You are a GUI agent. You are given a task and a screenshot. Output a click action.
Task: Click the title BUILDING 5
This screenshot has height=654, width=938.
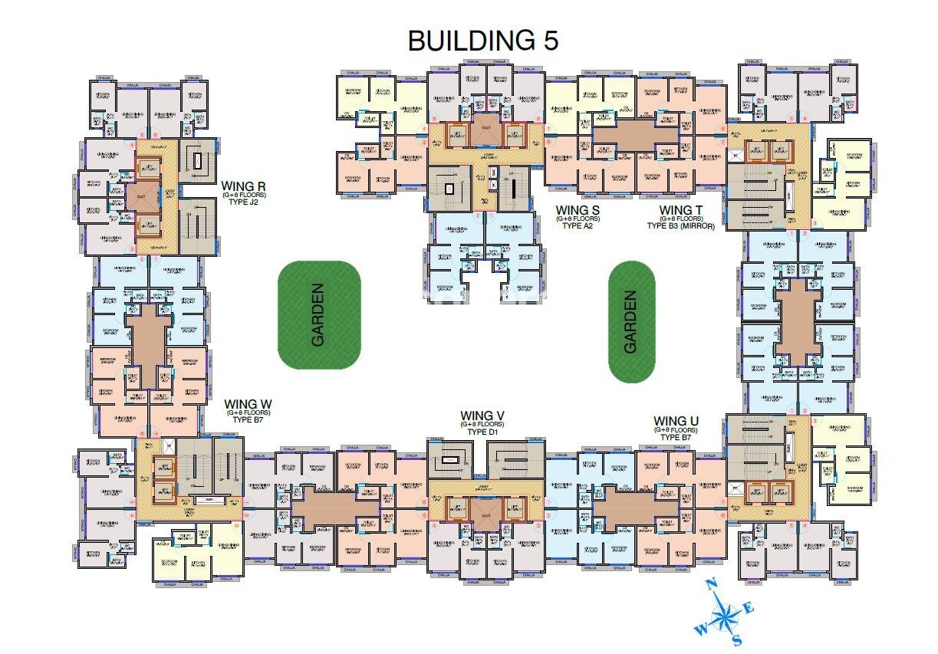(483, 40)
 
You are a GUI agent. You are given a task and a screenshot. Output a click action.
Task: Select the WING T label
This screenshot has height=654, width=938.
(680, 209)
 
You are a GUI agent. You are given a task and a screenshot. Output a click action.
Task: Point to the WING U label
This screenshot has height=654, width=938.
(676, 421)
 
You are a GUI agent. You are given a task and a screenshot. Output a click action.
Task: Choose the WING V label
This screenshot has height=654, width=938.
(482, 416)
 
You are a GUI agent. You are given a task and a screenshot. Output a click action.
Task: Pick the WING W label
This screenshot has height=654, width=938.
(248, 403)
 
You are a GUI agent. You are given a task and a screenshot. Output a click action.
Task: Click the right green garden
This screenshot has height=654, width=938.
(631, 320)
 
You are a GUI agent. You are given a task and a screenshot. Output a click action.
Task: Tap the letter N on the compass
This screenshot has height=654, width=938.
(711, 585)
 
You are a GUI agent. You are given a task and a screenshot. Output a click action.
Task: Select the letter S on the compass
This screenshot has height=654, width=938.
(736, 639)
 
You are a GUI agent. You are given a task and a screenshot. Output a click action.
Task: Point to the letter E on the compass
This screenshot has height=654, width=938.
(749, 608)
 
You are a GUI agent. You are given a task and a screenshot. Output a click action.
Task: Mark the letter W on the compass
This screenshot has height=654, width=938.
(699, 630)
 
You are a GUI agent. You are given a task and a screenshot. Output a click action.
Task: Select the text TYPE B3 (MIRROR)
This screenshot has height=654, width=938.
(680, 226)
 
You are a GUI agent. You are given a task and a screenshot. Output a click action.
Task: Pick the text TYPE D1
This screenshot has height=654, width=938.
(482, 432)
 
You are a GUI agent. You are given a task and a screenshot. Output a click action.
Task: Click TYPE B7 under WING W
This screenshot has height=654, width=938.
(248, 421)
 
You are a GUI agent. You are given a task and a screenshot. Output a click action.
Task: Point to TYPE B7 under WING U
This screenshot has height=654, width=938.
(676, 439)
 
